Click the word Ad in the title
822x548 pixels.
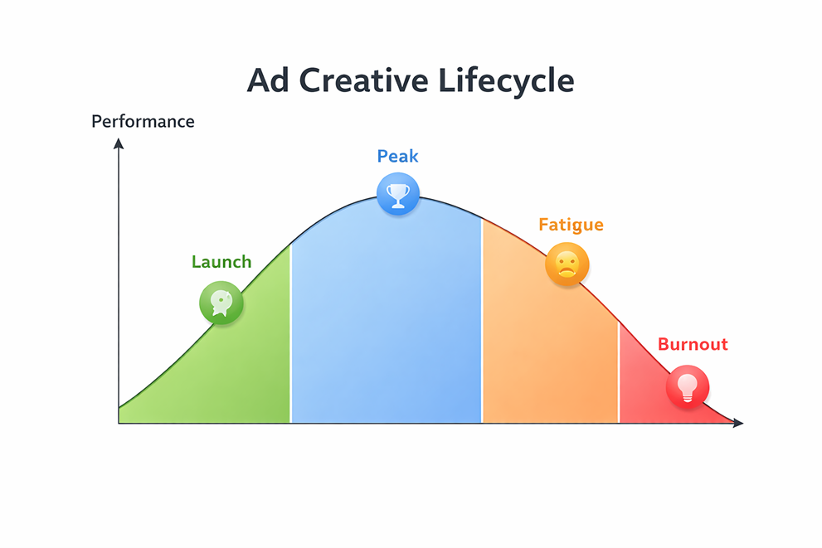click(x=269, y=81)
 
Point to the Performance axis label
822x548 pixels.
click(x=143, y=122)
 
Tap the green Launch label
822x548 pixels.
click(x=221, y=262)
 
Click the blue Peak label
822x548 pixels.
click(x=397, y=156)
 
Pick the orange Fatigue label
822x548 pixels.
click(x=571, y=225)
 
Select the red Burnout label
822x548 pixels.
click(x=693, y=344)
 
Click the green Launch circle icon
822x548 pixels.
click(x=221, y=302)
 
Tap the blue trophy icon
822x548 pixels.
click(x=398, y=195)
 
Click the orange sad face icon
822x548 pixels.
click(x=567, y=265)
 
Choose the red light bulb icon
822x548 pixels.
click(x=688, y=386)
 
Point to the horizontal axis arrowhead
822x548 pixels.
click(x=738, y=423)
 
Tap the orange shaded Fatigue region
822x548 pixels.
click(x=547, y=348)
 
